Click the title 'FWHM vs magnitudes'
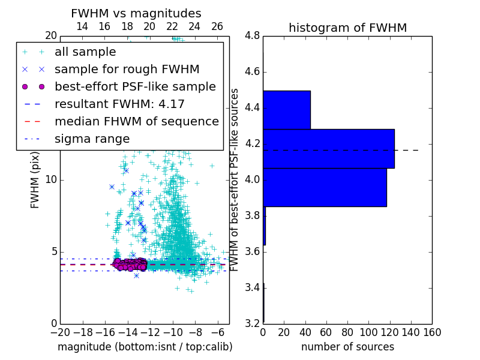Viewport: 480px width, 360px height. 136,13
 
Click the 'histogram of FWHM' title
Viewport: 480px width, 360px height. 347,28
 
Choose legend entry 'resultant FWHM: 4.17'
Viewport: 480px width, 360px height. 119,104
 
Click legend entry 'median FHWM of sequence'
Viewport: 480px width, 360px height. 136,122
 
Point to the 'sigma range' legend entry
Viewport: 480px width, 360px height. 92,139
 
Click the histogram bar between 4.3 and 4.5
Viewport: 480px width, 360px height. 287,110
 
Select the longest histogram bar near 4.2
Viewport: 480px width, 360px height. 329,149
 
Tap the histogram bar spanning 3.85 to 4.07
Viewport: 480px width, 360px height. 325,187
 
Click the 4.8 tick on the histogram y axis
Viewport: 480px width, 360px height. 252,36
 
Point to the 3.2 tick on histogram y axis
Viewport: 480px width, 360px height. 252,323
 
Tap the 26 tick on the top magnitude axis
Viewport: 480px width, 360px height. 217,27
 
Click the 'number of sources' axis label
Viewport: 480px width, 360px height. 347,347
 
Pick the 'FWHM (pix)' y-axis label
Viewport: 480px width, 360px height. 35,180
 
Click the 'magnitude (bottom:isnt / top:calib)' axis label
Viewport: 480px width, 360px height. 145,347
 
